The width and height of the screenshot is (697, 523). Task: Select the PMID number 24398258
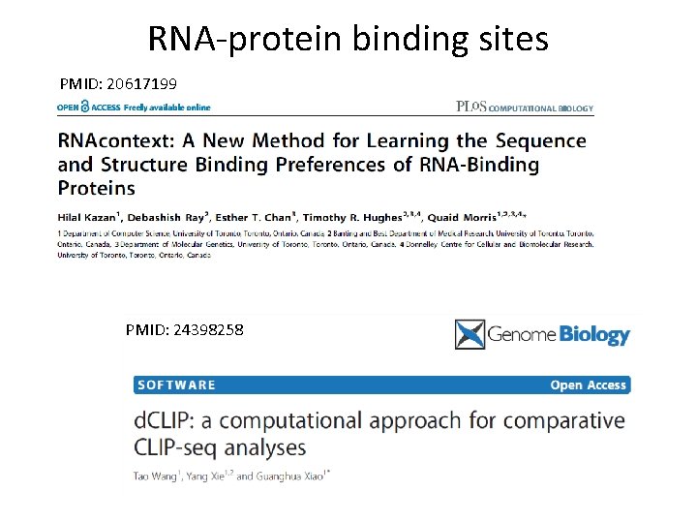(x=208, y=330)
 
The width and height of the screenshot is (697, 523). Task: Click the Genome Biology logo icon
(x=470, y=334)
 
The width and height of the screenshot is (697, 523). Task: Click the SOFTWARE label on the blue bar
(x=177, y=385)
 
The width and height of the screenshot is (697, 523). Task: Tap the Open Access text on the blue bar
(x=589, y=385)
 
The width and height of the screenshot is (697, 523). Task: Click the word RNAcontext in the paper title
(x=118, y=141)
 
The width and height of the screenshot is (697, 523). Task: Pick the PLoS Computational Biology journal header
(x=524, y=108)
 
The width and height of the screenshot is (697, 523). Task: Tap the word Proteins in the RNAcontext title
(x=97, y=188)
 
